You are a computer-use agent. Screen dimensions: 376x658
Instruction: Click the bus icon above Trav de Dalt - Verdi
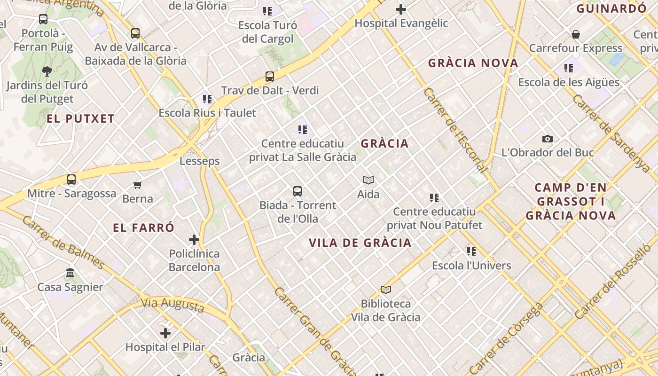(x=270, y=76)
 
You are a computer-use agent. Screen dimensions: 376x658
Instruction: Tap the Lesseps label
(x=200, y=161)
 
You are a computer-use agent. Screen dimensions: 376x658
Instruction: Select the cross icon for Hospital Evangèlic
(x=401, y=9)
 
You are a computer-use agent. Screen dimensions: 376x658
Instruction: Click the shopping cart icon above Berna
(x=138, y=185)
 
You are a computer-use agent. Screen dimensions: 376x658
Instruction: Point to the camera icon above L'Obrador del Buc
(x=548, y=139)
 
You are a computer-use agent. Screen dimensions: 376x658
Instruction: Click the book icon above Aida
(x=368, y=180)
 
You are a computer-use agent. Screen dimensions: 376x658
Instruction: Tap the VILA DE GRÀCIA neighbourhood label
(x=360, y=243)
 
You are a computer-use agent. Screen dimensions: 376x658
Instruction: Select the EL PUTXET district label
(x=81, y=119)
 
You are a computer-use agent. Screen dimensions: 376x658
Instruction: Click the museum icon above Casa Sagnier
(x=70, y=273)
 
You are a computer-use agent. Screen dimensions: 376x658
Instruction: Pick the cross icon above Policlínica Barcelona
(x=194, y=240)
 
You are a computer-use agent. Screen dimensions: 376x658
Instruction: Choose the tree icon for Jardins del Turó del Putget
(x=47, y=71)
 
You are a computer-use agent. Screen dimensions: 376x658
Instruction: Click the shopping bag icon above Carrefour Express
(x=576, y=34)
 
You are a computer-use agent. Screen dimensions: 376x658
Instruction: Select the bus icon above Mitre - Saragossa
(x=71, y=180)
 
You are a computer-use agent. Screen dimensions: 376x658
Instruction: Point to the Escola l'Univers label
(x=471, y=266)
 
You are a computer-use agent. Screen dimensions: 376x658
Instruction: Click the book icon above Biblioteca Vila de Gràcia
(x=386, y=290)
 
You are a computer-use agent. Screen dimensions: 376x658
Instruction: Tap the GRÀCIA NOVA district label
(x=473, y=63)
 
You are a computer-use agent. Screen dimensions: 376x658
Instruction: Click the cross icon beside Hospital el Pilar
(x=165, y=333)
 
